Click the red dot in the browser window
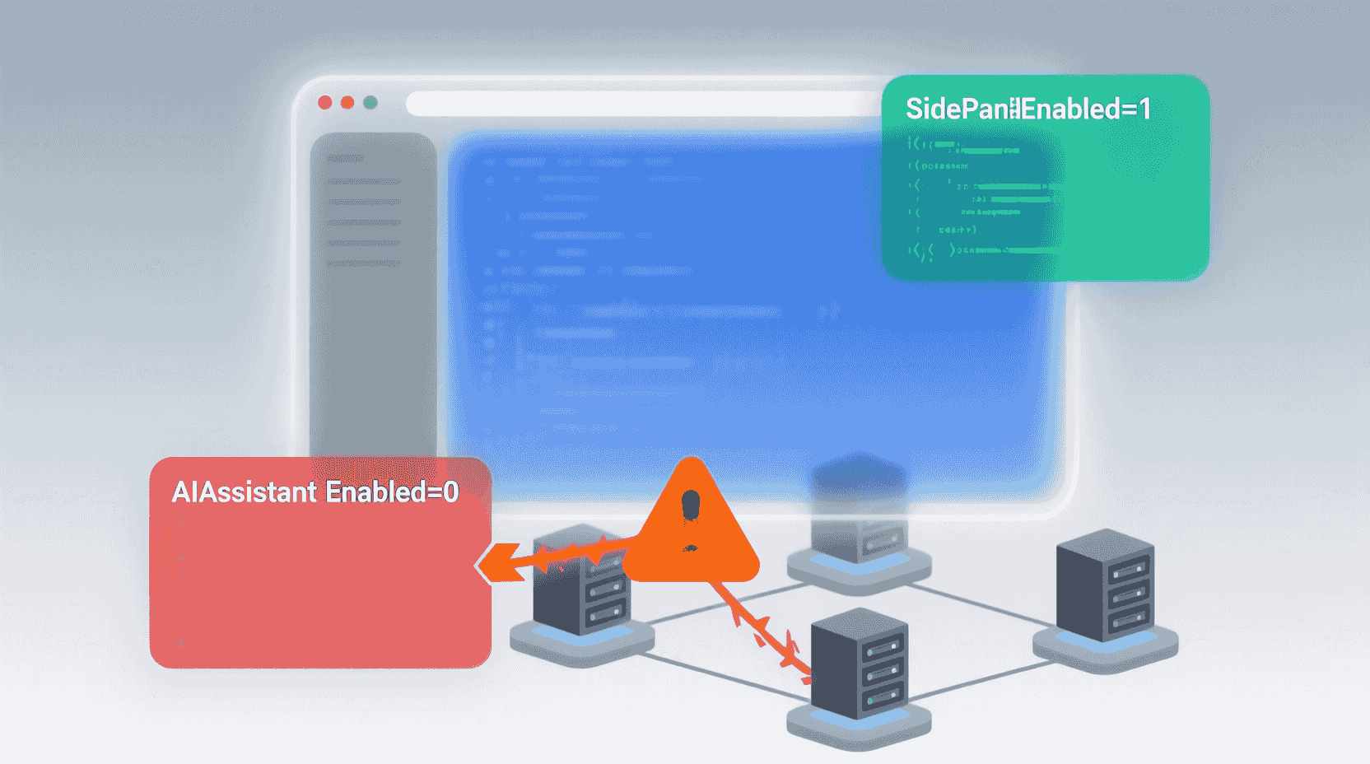tap(325, 102)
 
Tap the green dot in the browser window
tap(370, 102)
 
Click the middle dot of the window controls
tap(347, 102)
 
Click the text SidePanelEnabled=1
tap(1027, 109)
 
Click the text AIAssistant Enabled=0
tap(315, 492)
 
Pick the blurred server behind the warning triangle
tap(859, 510)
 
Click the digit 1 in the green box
tap(1144, 109)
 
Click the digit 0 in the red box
tap(450, 492)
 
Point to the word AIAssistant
tap(244, 492)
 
